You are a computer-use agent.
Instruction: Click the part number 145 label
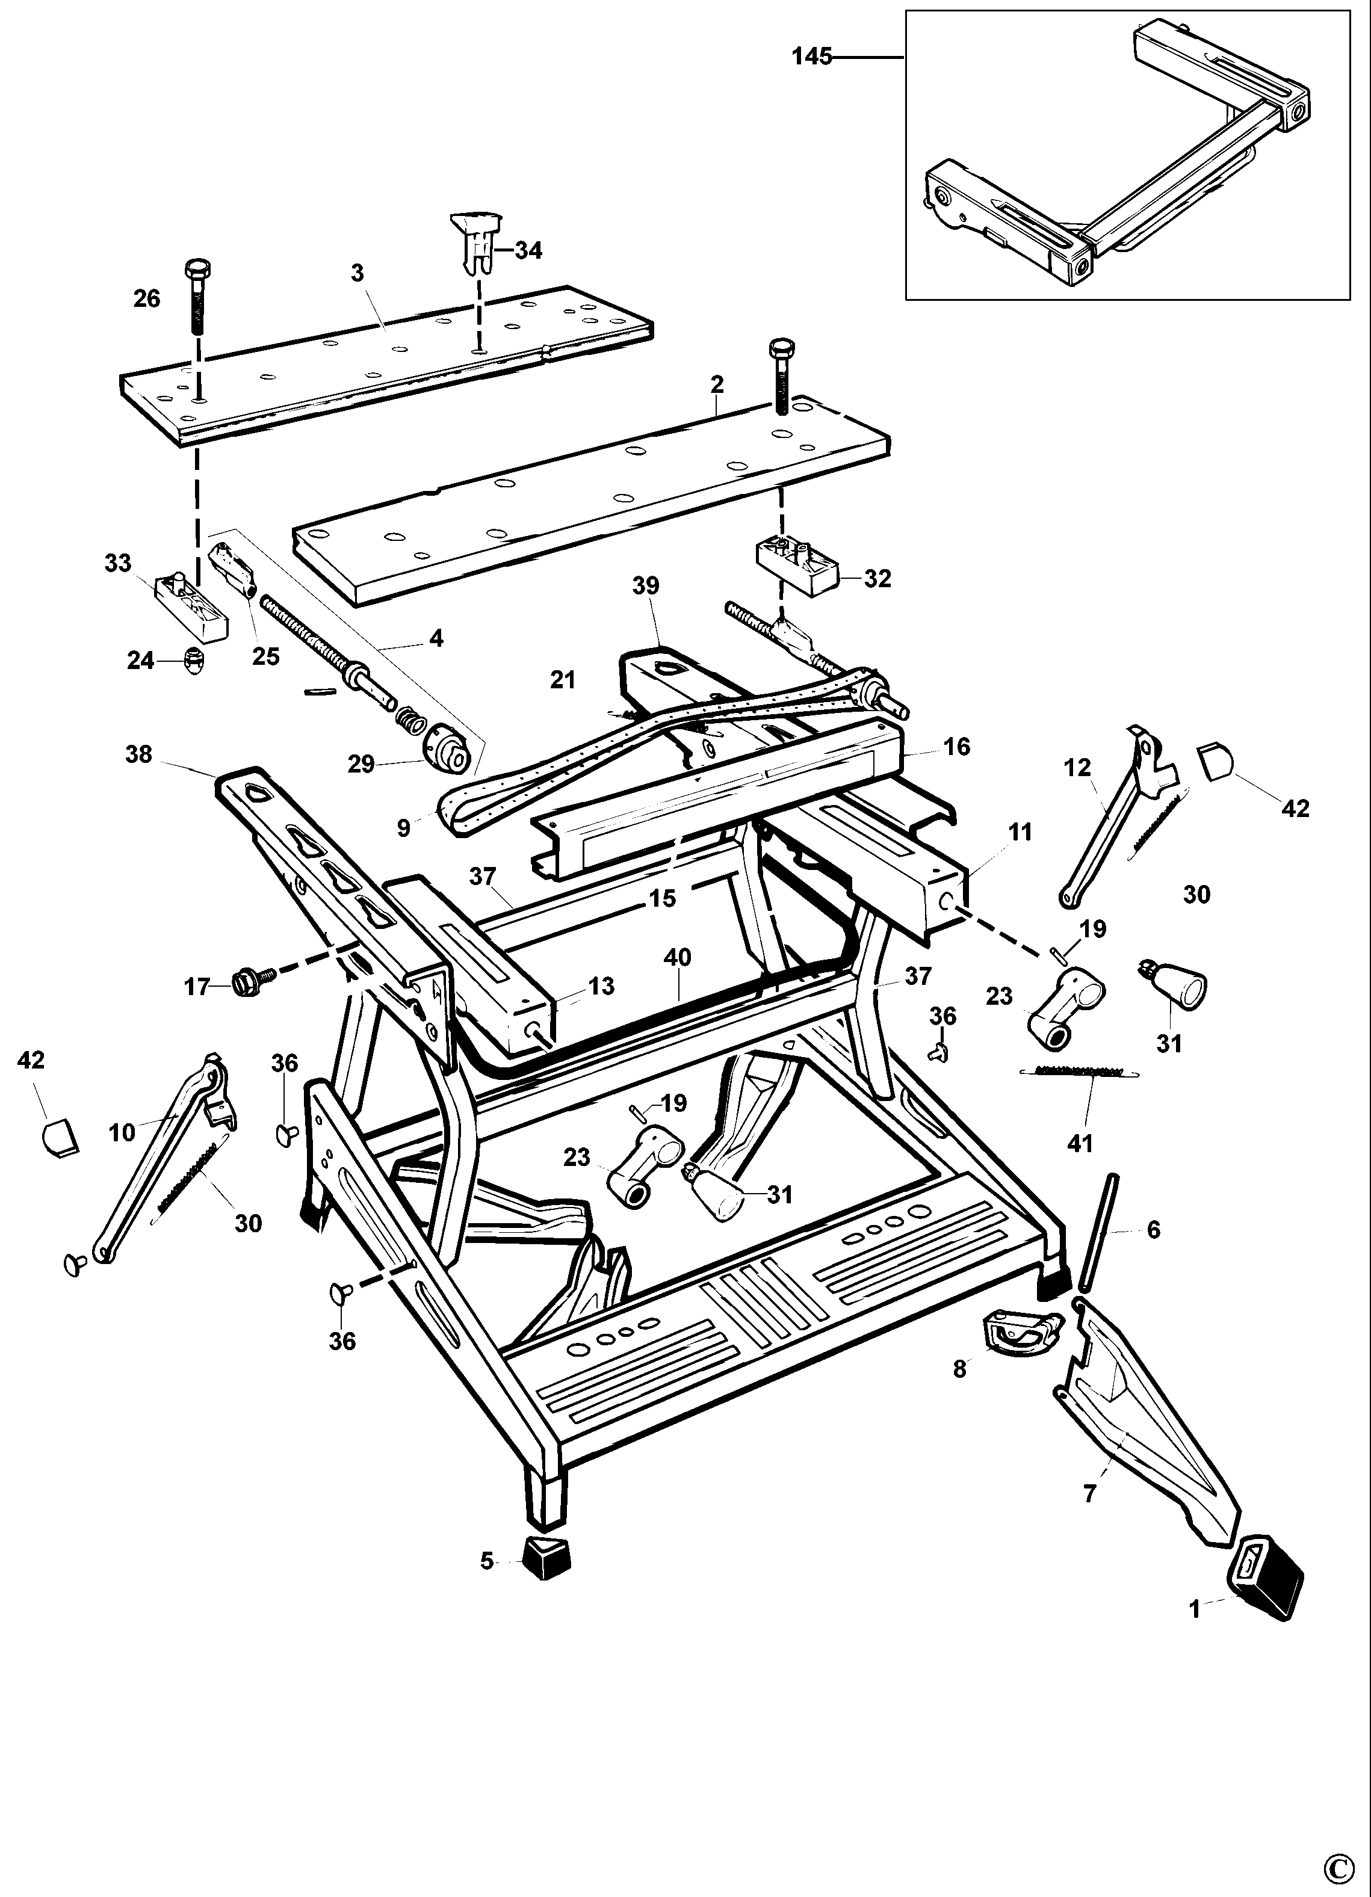(811, 57)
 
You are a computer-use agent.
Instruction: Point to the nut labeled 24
(193, 661)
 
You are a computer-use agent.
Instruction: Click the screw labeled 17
(250, 980)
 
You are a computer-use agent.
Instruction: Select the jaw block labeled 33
(191, 600)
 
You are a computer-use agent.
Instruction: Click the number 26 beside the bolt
(147, 298)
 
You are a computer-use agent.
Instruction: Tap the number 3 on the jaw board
(357, 274)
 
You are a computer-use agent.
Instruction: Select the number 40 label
(678, 957)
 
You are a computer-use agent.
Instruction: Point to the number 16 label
(957, 746)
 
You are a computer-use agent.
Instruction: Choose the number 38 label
(139, 754)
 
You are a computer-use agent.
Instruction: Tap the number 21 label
(563, 680)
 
